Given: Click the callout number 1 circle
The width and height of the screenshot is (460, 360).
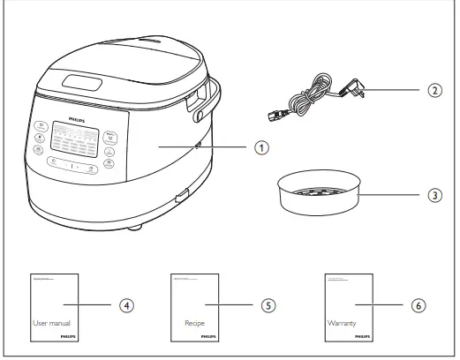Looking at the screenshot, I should (259, 146).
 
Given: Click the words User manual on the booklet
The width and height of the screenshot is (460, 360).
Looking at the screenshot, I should (50, 324).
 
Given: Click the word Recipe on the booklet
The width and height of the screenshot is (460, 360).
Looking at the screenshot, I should (194, 324).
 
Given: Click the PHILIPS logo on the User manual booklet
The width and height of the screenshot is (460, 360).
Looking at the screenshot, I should (68, 336).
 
